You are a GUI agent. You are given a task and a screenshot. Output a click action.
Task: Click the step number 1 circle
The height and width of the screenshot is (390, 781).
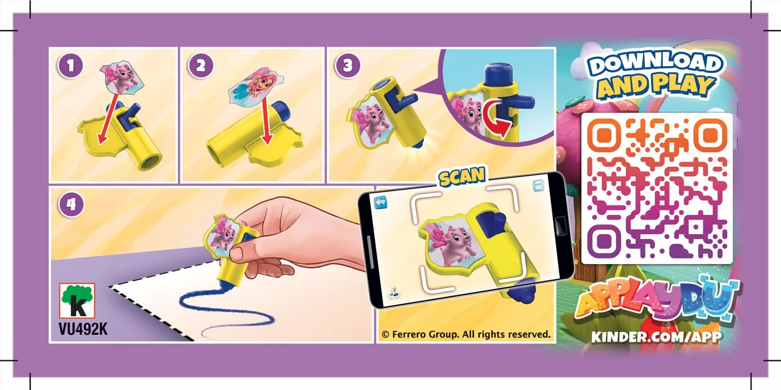point(70,66)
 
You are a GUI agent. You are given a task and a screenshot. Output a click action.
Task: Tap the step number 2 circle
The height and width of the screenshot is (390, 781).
point(201,66)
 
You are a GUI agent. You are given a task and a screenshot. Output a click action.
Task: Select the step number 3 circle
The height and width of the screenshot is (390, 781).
point(348,66)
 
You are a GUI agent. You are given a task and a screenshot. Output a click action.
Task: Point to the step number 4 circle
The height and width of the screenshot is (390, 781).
point(71,204)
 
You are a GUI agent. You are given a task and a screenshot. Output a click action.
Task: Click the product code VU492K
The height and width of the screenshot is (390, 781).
point(83,329)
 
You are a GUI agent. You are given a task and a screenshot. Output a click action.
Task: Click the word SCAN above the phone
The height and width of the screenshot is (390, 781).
point(462,177)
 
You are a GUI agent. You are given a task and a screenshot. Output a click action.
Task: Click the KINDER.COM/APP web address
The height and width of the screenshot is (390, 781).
point(656,337)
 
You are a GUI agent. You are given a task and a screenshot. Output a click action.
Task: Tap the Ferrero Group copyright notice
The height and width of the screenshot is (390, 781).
point(466,335)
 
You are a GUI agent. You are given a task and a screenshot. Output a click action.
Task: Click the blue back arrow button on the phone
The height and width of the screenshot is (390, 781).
point(381,202)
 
